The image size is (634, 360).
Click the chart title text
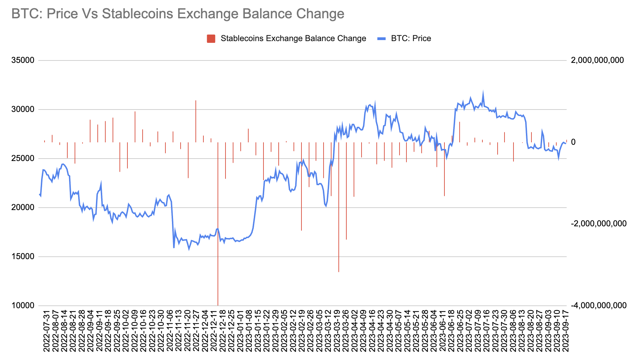click(178, 14)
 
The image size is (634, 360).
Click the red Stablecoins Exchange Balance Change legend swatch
click(211, 38)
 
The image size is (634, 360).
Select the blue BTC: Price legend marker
click(381, 38)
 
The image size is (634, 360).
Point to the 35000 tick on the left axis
click(23, 60)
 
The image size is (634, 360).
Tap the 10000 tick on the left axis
click(23, 305)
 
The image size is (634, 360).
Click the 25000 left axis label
click(23, 158)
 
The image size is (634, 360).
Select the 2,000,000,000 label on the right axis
click(597, 60)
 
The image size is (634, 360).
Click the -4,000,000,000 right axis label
click(598, 305)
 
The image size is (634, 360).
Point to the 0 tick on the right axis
click(573, 142)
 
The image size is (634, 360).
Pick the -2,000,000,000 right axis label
click(598, 224)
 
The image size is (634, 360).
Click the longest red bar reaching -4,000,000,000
click(218, 225)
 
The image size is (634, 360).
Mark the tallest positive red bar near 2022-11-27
click(196, 121)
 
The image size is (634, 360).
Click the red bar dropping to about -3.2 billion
click(339, 207)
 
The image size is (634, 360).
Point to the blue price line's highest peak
click(483, 92)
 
